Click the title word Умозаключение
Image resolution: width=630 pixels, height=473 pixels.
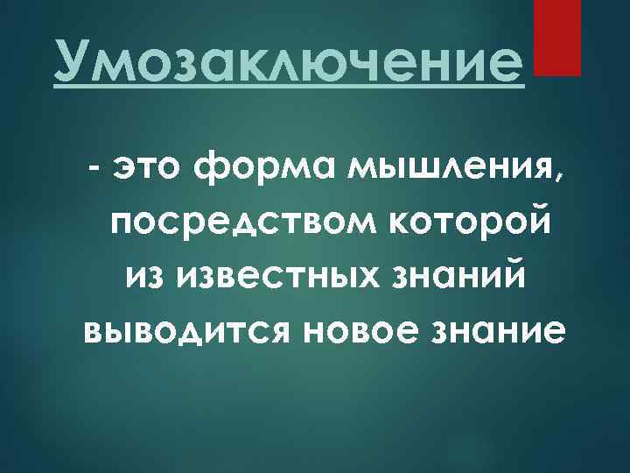click(289, 61)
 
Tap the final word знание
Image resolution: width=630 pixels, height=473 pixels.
click(490, 331)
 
